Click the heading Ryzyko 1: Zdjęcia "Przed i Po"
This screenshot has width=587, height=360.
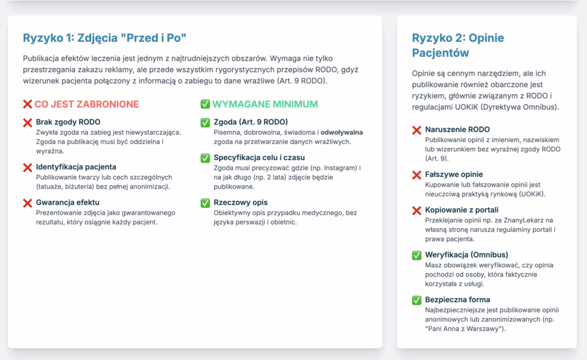[x=105, y=38]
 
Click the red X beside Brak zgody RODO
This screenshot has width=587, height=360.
[x=27, y=123]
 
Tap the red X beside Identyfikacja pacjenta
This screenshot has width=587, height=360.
[x=27, y=167]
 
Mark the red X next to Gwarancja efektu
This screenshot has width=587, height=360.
[x=27, y=203]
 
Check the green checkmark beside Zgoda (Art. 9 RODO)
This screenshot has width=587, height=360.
[x=205, y=123]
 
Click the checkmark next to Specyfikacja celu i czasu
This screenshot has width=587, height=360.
[x=205, y=158]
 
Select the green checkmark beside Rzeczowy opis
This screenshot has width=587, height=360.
[x=205, y=203]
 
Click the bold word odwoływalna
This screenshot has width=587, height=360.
[x=341, y=132]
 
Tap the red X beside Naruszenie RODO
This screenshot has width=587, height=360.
[x=417, y=130]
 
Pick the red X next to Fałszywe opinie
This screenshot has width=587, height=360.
[x=417, y=175]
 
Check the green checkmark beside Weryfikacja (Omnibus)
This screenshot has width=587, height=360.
[x=417, y=255]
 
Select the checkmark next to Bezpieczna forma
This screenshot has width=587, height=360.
[x=417, y=300]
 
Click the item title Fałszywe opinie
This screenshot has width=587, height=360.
[x=454, y=174]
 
